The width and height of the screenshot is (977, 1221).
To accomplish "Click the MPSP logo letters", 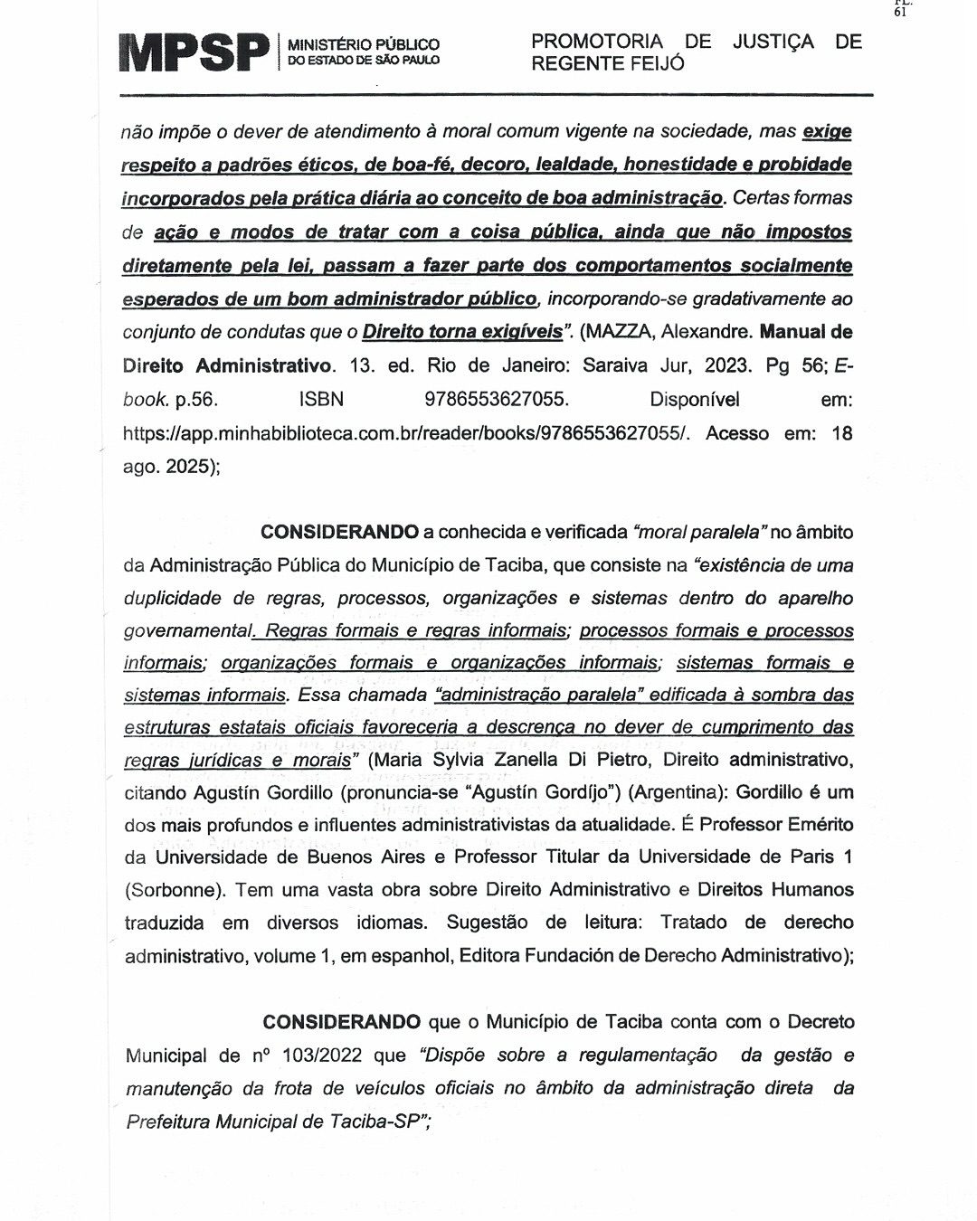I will click(x=194, y=52).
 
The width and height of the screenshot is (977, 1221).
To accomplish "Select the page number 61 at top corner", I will click(x=899, y=12).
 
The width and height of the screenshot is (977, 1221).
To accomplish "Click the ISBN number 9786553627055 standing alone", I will click(x=496, y=400).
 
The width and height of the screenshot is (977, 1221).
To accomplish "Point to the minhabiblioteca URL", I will click(x=406, y=433).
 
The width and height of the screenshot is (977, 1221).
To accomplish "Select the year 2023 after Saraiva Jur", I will click(x=718, y=366).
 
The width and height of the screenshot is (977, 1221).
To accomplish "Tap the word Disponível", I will click(x=694, y=400).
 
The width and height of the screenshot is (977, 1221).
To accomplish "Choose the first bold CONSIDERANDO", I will click(x=339, y=532).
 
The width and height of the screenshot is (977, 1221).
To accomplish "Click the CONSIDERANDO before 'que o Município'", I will click(x=341, y=1022).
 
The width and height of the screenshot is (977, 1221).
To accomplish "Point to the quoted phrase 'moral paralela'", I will click(x=701, y=532).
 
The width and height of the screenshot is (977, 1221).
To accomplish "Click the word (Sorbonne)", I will click(x=175, y=889).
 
